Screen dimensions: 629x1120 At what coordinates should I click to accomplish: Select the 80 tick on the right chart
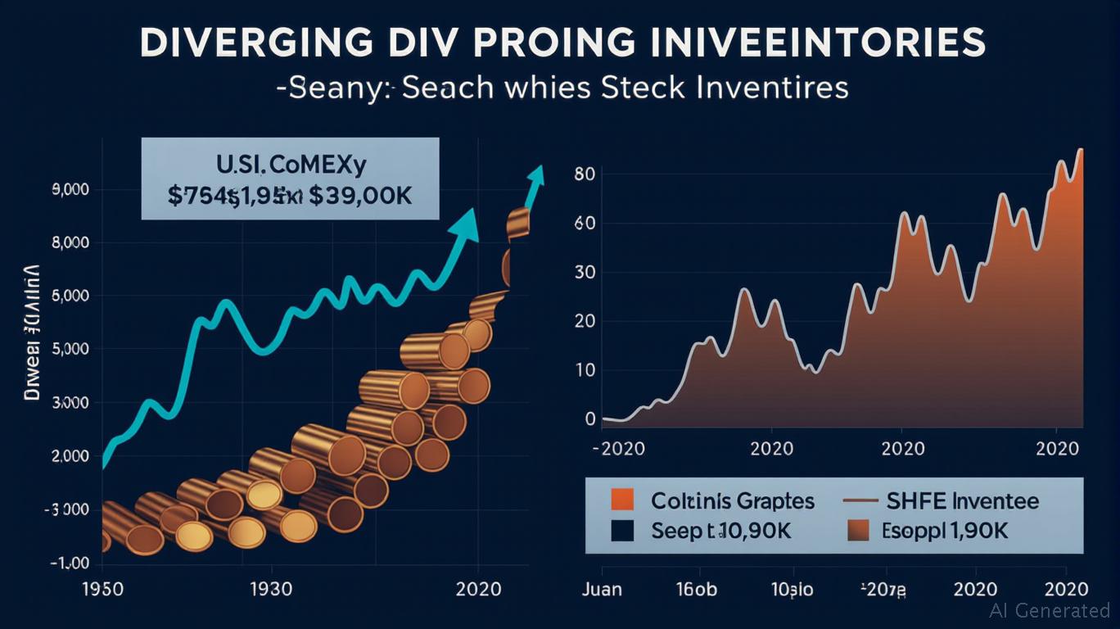585,174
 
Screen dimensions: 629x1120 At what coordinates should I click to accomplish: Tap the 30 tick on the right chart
585,272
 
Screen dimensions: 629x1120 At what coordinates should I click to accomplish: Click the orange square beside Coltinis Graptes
624,500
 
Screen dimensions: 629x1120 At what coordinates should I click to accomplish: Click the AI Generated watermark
1050,610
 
